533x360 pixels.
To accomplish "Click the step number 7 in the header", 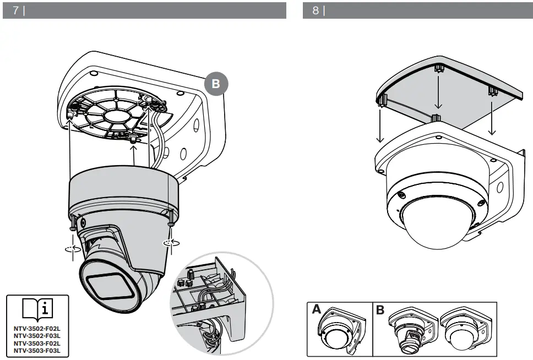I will coord(15,10).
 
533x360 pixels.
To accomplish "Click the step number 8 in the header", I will coord(316,10).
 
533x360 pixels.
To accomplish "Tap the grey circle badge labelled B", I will coord(216,84).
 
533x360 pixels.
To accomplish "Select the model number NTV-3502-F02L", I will coord(37,329).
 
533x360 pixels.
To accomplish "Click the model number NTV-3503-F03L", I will coord(37,351).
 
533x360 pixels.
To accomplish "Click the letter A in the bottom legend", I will coord(317,309).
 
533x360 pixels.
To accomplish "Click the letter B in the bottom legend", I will coord(380,309).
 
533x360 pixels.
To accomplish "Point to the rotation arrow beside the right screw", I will coord(171,243).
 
